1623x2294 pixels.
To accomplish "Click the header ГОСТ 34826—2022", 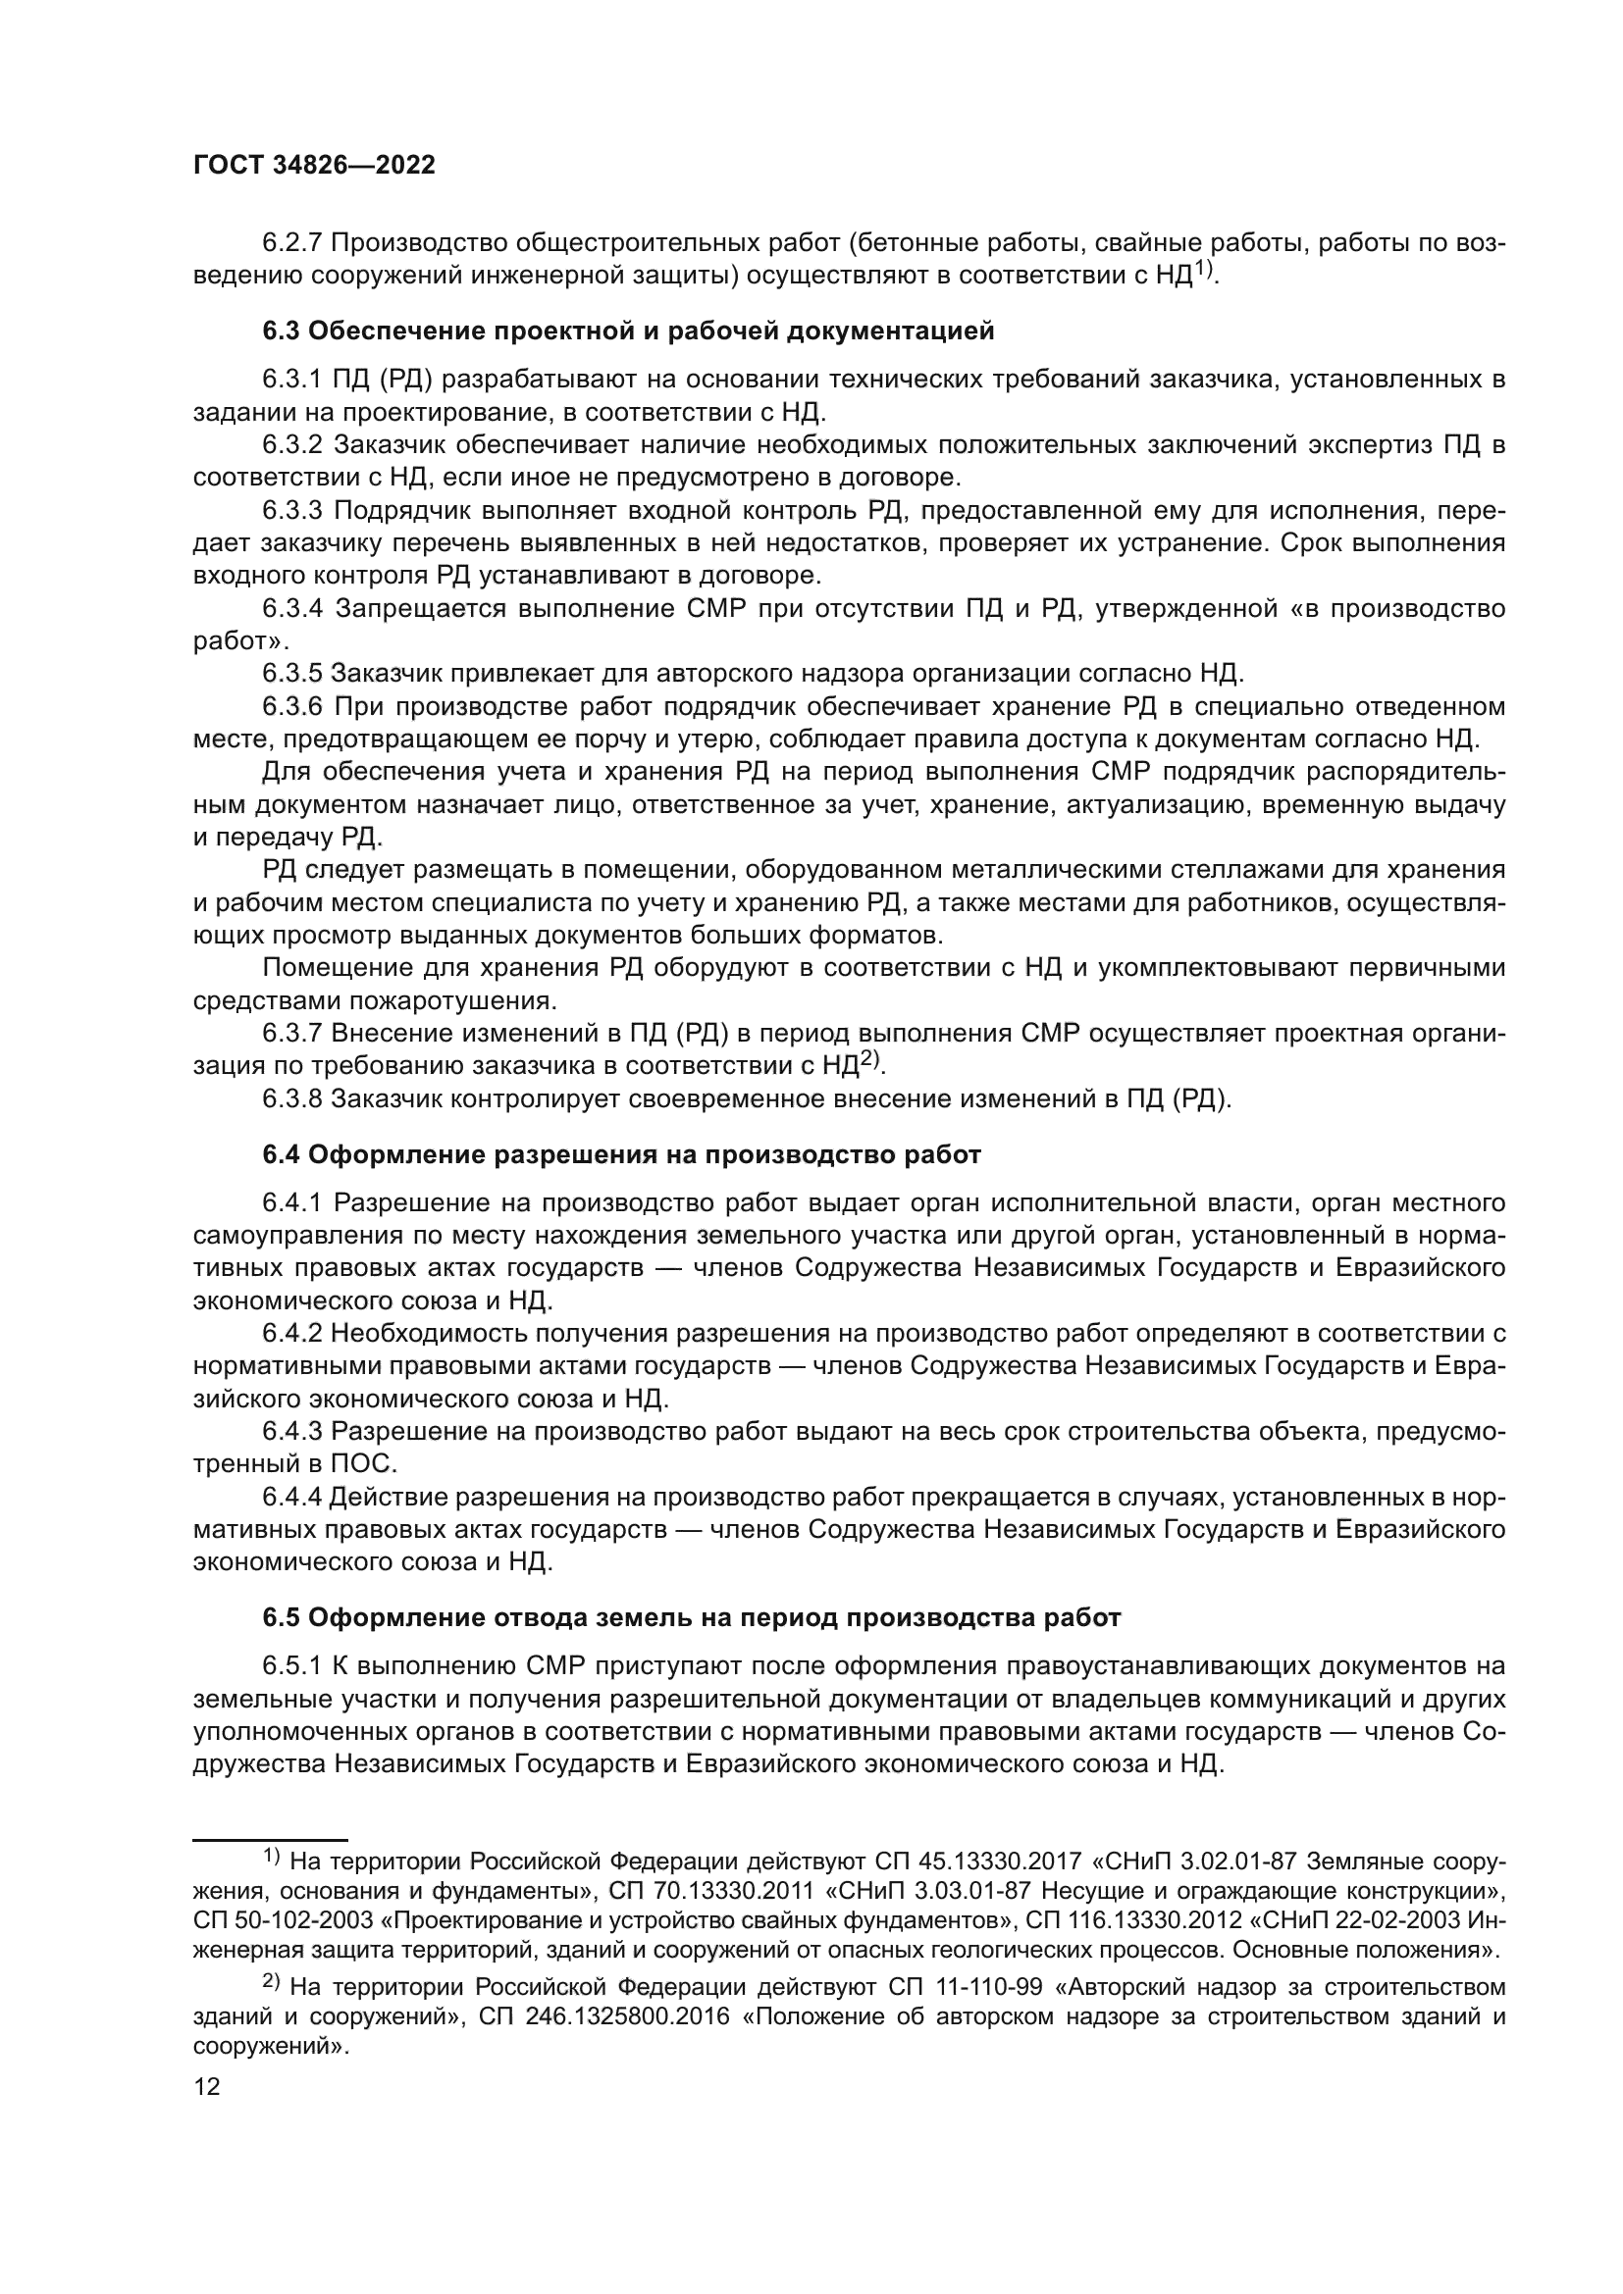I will (314, 166).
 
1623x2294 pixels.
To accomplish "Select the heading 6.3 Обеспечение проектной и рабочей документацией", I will (629, 331).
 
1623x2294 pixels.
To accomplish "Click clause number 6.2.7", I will (292, 243).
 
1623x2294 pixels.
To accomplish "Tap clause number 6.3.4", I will (292, 608).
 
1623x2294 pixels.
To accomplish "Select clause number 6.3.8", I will (292, 1099).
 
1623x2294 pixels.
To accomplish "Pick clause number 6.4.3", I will (292, 1431).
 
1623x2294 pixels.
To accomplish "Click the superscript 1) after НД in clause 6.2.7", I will (1205, 269).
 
